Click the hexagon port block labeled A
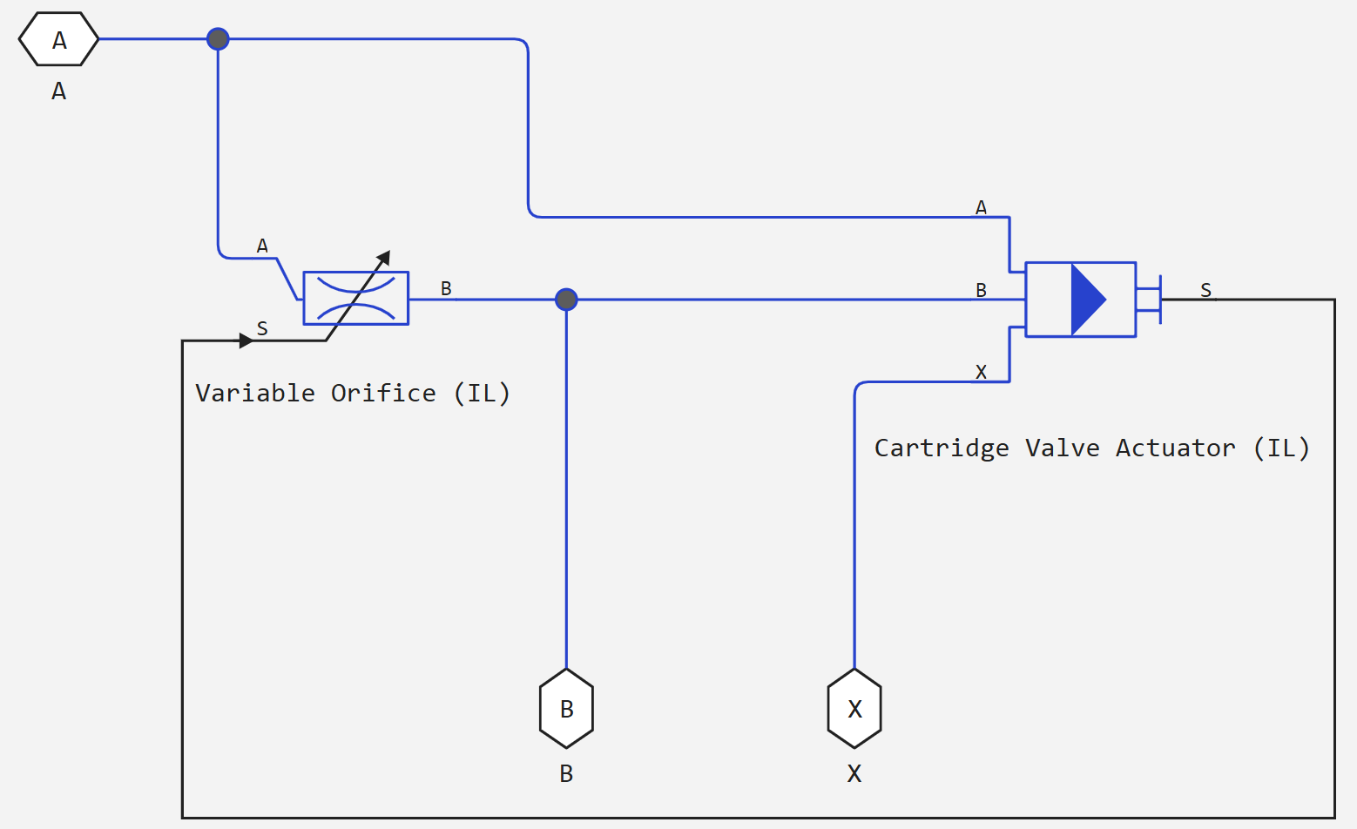58,39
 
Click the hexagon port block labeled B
566,709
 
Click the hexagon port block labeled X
854,709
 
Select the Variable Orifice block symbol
355,298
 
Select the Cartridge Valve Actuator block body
1080,300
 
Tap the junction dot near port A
218,39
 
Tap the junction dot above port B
566,300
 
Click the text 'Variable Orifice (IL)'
353,394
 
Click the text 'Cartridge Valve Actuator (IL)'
1091,448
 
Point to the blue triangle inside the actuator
1086,300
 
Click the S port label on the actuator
1205,290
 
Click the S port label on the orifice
262,328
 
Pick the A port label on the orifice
262,246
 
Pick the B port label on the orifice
446,288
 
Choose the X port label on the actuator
981,372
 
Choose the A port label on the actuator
981,207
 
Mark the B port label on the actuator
981,290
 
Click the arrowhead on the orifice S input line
246,340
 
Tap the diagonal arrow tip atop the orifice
384,257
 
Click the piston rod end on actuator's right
1160,300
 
